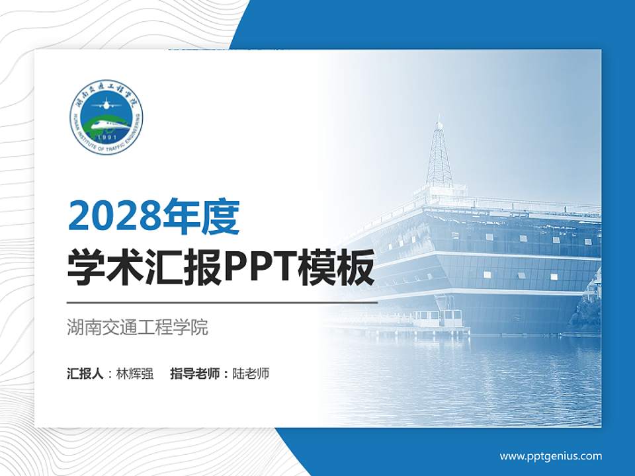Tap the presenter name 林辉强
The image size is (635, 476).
pos(134,374)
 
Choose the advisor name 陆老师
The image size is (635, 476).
pos(251,374)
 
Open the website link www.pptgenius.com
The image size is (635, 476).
pos(550,456)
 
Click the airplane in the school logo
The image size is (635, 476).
pos(106,104)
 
